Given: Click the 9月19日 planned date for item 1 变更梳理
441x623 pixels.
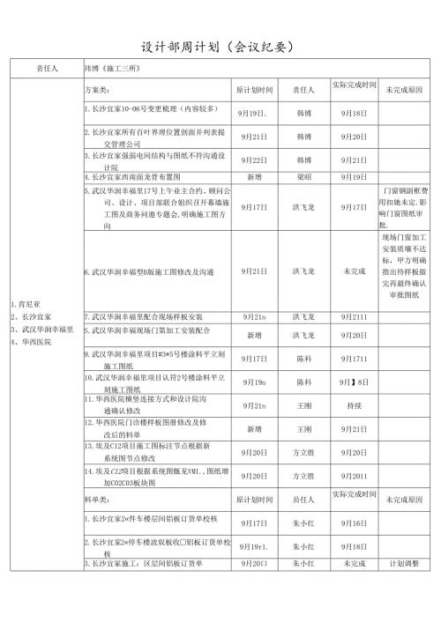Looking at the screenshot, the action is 253,114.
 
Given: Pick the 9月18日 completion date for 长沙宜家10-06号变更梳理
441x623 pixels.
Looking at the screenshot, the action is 354,114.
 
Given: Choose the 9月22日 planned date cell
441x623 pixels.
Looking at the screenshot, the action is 253,160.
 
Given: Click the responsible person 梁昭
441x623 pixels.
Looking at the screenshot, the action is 303,176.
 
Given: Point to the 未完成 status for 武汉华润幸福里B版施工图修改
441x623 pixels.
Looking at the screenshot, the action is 354,272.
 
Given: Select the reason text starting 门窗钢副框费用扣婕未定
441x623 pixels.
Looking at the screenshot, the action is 404,207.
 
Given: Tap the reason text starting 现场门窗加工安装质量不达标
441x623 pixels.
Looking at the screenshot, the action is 404,265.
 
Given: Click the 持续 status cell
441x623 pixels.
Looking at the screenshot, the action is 354,406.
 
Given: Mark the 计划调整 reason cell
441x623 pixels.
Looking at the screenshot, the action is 404,563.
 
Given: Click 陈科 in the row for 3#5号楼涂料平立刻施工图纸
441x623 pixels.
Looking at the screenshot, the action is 303,360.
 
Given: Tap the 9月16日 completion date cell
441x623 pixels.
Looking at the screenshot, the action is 354,523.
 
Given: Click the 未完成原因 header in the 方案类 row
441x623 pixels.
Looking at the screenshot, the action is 404,90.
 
